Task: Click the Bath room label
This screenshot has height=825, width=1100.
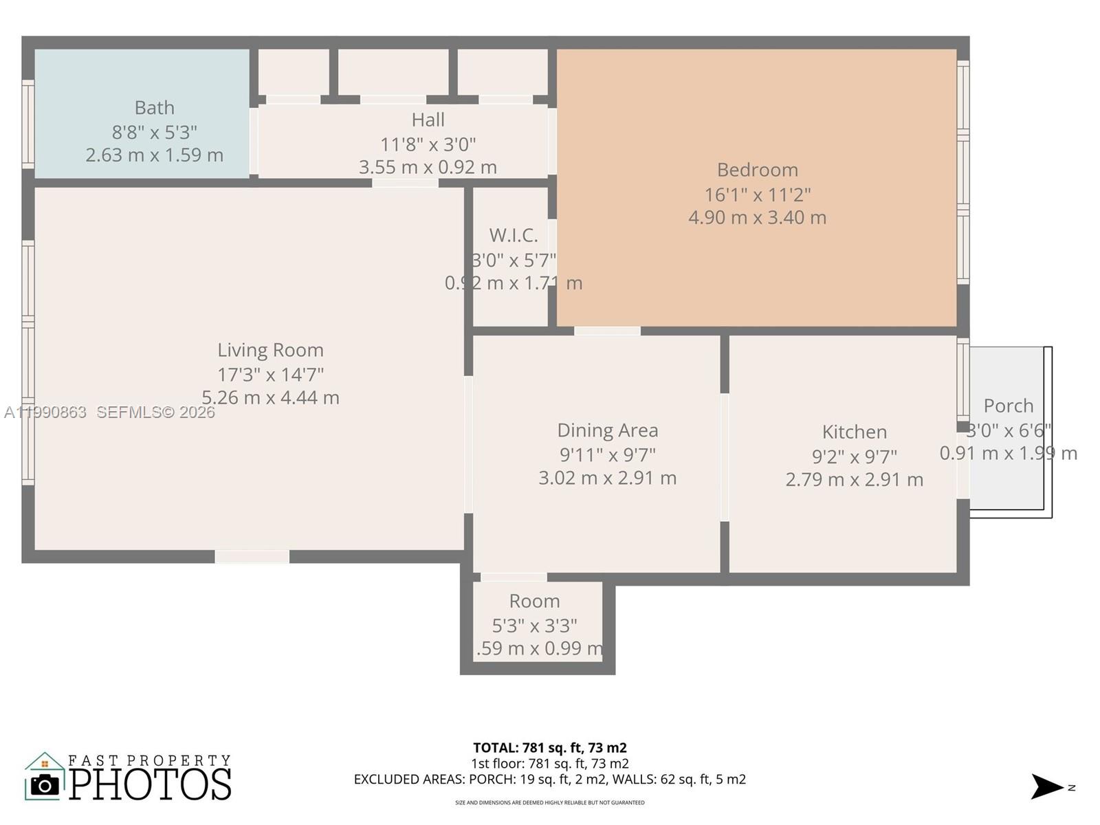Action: point(154,108)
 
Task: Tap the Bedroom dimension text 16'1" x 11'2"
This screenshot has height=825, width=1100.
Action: point(757,195)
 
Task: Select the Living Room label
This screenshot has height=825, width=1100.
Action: point(270,350)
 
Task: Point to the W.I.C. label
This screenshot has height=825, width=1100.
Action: point(514,235)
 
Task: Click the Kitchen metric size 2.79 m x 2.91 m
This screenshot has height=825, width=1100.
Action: point(854,479)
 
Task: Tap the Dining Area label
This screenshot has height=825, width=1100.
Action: point(607,430)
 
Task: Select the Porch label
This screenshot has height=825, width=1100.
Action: point(1008,406)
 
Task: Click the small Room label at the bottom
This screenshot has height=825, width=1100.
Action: point(534,601)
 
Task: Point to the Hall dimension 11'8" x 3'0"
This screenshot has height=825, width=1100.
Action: point(428,144)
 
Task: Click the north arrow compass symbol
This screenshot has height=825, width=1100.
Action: point(1046,786)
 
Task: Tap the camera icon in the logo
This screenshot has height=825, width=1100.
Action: point(45,784)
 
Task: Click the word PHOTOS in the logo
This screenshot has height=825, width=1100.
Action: point(150,784)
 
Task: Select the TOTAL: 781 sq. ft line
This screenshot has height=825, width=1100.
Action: point(549,747)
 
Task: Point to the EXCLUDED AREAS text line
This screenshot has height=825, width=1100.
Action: point(549,779)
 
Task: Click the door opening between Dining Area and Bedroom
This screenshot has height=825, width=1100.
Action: point(607,331)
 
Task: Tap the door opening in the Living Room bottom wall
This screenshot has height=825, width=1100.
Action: point(252,557)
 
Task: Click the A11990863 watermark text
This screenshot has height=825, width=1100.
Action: point(45,412)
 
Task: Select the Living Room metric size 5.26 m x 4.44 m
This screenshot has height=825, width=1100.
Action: point(270,397)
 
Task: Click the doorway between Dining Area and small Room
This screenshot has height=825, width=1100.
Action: point(514,577)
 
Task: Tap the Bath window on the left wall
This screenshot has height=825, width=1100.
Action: point(27,124)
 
